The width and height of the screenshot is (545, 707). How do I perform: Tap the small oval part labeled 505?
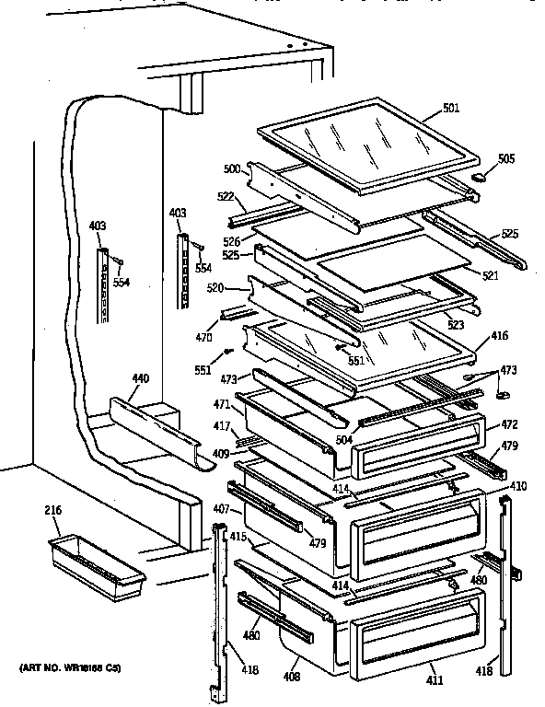(x=479, y=176)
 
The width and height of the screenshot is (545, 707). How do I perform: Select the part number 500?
(x=232, y=169)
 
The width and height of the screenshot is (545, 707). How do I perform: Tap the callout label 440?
(x=140, y=378)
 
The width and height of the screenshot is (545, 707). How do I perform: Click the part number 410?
(x=518, y=485)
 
